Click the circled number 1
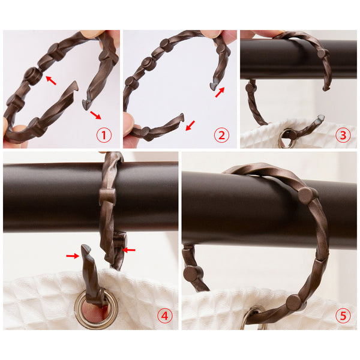point(104,135)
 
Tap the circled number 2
point(221,135)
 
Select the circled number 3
point(343,135)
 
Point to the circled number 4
point(165,316)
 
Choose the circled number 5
point(343,316)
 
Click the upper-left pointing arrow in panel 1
point(51,80)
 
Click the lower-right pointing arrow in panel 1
point(95,115)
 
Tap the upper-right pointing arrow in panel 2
point(220,92)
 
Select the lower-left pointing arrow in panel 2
point(190,125)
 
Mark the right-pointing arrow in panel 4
point(73,256)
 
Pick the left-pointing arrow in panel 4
point(129,250)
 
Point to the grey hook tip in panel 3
point(320,118)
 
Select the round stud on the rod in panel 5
point(307,196)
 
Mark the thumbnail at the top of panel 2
point(211,34)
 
